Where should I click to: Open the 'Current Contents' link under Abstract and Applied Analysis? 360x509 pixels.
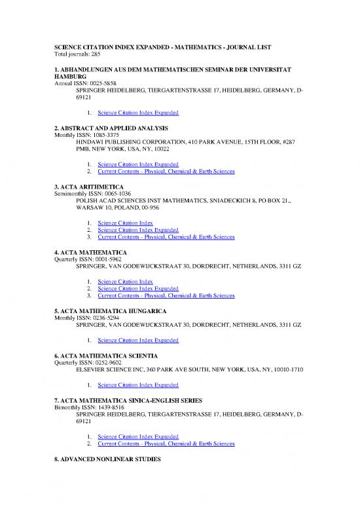coord(166,172)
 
